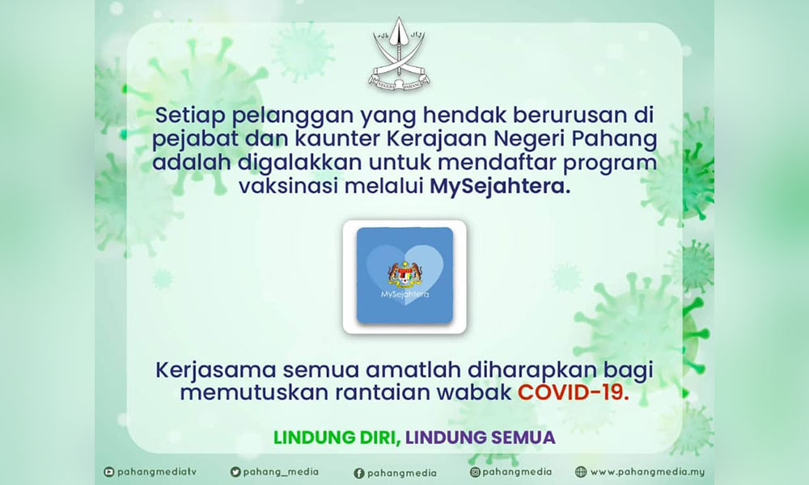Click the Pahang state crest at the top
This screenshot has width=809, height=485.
pos(400,54)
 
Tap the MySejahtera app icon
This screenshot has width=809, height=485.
pos(404,276)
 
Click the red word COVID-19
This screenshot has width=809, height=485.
pos(574,393)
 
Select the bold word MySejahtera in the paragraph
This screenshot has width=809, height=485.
pos(501,186)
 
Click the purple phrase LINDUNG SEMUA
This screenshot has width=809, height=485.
pos(481,437)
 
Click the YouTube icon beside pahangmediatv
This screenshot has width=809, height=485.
pos(109,472)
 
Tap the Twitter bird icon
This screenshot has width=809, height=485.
pos(235,472)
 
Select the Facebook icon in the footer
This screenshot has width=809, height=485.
pos(359,473)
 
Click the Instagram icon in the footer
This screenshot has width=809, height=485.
pos(475,472)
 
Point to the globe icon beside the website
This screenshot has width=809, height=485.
pos(581,472)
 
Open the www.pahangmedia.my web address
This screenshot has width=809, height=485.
pos(647,472)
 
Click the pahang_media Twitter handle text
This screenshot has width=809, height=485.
pos(281,472)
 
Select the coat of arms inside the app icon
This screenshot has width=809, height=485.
pos(405,275)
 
